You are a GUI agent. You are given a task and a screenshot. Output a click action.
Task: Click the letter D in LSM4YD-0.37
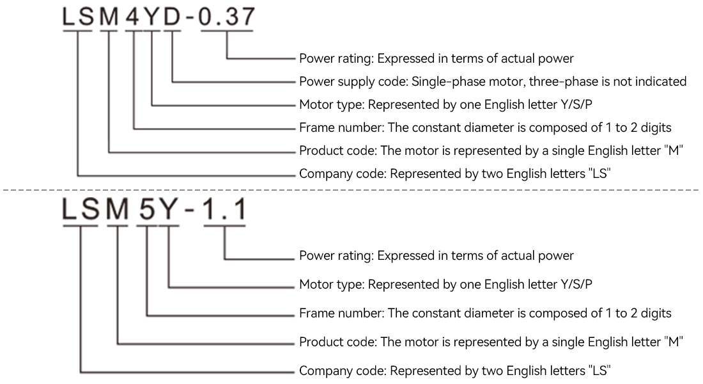coord(172,17)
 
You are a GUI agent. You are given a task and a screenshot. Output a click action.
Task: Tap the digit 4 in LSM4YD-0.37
coord(133,17)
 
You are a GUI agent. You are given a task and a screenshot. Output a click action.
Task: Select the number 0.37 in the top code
coord(227,17)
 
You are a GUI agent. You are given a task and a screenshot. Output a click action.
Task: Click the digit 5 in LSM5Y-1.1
coord(146,209)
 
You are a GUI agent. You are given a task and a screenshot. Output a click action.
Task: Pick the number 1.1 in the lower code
coord(225,209)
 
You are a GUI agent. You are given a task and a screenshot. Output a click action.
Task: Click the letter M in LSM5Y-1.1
coord(118,209)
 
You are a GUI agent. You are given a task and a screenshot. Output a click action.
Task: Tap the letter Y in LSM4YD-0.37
coord(153,17)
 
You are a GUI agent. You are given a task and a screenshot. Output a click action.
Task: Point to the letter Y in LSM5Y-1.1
coord(169,209)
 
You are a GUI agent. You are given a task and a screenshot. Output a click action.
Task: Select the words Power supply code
coord(353,82)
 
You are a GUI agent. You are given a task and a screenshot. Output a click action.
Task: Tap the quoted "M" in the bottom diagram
coord(674,342)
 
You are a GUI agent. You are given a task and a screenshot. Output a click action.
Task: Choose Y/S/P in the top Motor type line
coord(576,105)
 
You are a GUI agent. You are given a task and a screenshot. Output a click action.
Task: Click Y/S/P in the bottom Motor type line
coord(576,284)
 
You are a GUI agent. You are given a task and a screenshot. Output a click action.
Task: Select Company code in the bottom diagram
coord(343,371)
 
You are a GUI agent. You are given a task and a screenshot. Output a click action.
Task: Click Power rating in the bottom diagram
coord(336,256)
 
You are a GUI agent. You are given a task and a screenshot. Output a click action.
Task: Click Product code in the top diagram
coord(337,150)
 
